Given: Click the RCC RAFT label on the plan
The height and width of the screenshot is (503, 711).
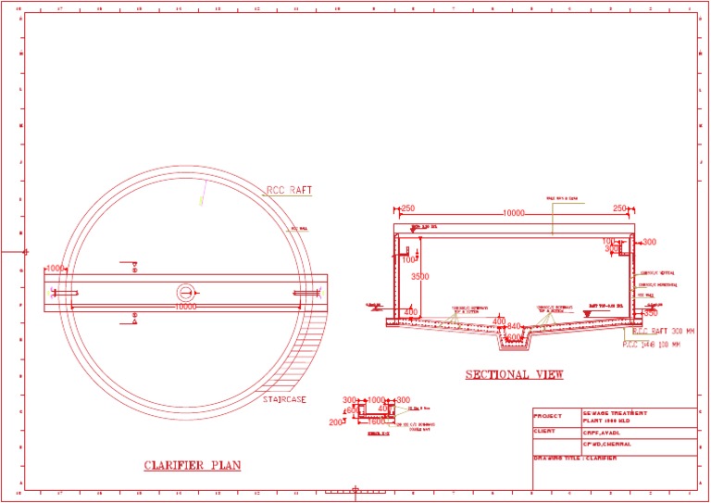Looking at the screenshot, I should (x=289, y=191).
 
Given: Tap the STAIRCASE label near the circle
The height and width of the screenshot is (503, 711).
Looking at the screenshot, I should (x=284, y=400).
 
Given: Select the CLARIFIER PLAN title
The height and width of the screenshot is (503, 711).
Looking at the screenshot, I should (x=192, y=465).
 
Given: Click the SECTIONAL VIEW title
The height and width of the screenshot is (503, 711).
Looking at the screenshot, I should (x=515, y=375).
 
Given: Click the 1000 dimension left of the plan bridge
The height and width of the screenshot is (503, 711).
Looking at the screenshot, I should (x=56, y=269).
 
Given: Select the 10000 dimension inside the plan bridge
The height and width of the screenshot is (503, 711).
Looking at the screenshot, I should (x=186, y=307).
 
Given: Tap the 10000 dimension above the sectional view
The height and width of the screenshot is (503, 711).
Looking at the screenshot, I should (x=513, y=213).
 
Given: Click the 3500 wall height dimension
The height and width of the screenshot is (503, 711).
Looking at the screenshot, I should (x=420, y=277).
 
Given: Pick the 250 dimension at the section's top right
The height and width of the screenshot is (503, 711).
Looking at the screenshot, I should (x=620, y=208).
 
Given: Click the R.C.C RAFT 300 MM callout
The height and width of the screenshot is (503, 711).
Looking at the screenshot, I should (x=665, y=331).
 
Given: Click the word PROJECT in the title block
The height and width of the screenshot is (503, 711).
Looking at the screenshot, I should (x=548, y=417).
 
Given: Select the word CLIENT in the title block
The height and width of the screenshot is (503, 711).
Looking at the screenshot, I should (x=546, y=431).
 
